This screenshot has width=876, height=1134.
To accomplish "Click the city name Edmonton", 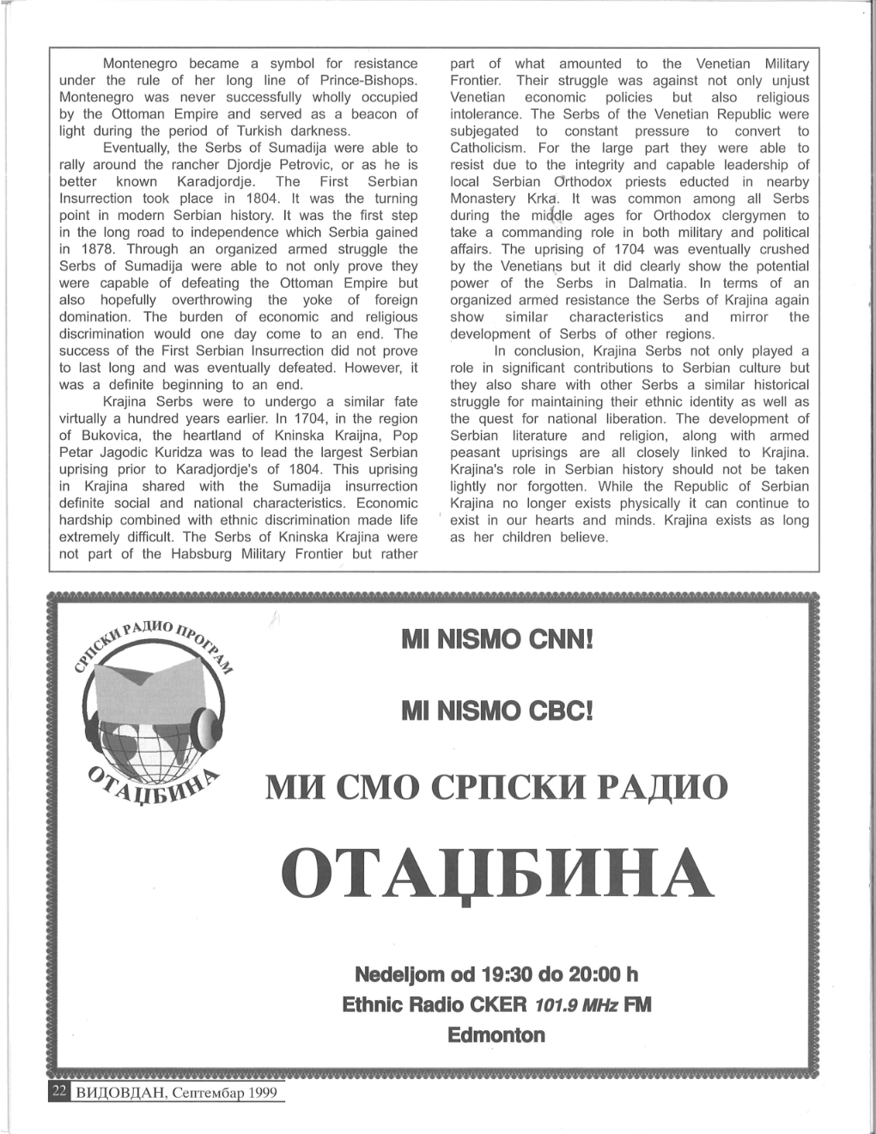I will tap(496, 1035).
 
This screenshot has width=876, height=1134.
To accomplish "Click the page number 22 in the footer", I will tap(58, 1091).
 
